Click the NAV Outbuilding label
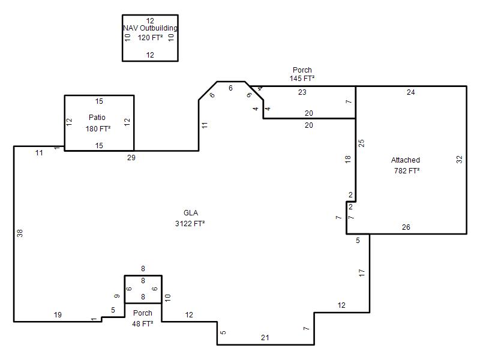pyautogui.click(x=151, y=28)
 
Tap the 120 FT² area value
pyautogui.click(x=151, y=38)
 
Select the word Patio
pyautogui.click(x=97, y=117)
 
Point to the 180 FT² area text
pyautogui.click(x=98, y=128)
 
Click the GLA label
pyautogui.click(x=191, y=213)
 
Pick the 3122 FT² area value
pyautogui.click(x=190, y=223)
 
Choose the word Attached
pyautogui.click(x=406, y=160)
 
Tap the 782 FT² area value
pyautogui.click(x=407, y=170)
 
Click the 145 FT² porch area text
pyautogui.click(x=302, y=79)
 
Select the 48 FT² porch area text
pyautogui.click(x=143, y=323)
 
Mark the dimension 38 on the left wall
pyautogui.click(x=20, y=233)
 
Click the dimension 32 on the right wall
pyautogui.click(x=459, y=160)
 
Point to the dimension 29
pyautogui.click(x=131, y=158)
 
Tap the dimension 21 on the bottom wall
pyautogui.click(x=265, y=338)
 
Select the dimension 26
pyautogui.click(x=406, y=227)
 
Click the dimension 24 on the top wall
pyautogui.click(x=411, y=92)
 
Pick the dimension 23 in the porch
pyautogui.click(x=302, y=92)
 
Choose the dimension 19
pyautogui.click(x=58, y=314)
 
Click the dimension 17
pyautogui.click(x=362, y=273)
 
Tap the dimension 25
pyautogui.click(x=361, y=143)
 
